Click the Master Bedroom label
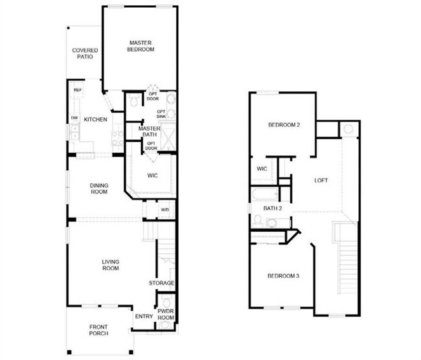tap(140, 45)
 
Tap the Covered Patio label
tap(85, 53)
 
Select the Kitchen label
tap(95, 119)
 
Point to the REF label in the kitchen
tap(77, 90)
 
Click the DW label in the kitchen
tap(74, 117)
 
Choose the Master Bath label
tap(150, 132)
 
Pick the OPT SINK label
tap(161, 115)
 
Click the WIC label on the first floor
tap(152, 175)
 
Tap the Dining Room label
tap(98, 188)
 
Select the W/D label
tap(165, 210)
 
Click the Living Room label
tap(111, 265)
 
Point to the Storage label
tap(161, 283)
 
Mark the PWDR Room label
tap(166, 314)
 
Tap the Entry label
tap(144, 317)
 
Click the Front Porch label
tap(98, 330)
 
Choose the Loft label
tap(322, 180)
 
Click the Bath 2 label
tap(272, 208)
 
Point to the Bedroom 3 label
tap(283, 276)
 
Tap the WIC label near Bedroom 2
tap(262, 169)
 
